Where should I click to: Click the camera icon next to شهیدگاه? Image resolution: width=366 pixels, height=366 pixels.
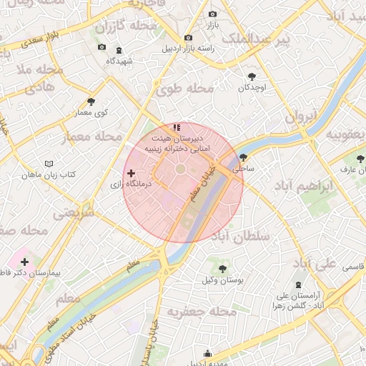tap(102, 47)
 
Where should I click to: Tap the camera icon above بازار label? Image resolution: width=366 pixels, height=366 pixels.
tap(212, 14)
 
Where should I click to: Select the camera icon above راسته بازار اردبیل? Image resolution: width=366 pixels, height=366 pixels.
tap(188, 37)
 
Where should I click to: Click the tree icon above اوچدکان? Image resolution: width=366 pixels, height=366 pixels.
tap(251, 76)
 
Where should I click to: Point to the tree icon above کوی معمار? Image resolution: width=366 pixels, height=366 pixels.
tap(90, 102)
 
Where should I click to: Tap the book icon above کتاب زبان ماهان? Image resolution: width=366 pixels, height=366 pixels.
tap(49, 164)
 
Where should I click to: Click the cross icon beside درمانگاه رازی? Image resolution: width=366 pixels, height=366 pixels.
tap(131, 173)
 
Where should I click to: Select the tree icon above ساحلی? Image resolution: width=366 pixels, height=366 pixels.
tap(243, 157)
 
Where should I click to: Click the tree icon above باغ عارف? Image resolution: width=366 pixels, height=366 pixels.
tap(361, 158)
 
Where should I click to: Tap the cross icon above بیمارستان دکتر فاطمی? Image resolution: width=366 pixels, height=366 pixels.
tap(25, 262)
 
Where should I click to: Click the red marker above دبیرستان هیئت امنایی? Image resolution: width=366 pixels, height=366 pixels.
tap(177, 127)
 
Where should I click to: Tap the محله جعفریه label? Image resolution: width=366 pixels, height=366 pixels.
tap(202, 312)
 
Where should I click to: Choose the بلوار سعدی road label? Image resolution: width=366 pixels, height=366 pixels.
tap(22, 44)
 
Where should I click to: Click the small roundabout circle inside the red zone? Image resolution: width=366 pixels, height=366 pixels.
tap(180, 169)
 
